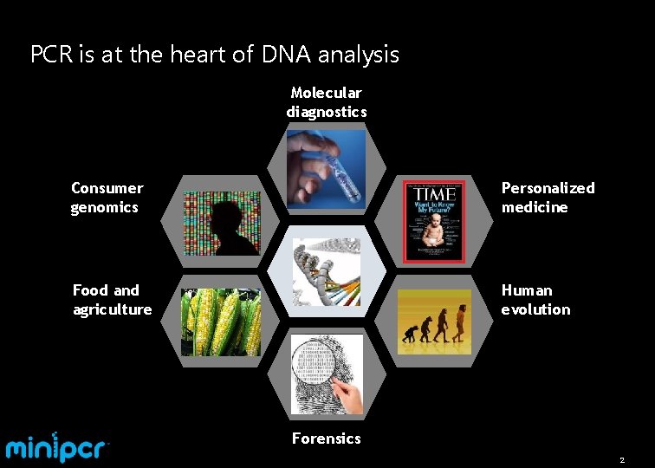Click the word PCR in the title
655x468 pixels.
(50, 55)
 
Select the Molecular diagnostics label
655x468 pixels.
(327, 102)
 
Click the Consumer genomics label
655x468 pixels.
(107, 198)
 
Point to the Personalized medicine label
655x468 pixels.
(548, 198)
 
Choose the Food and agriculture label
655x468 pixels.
(112, 300)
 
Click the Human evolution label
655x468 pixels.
(535, 300)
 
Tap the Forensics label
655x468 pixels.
(326, 439)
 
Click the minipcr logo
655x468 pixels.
(57, 447)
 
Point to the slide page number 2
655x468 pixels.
(621, 459)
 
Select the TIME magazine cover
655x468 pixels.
(434, 222)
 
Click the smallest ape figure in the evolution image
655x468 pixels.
(407, 334)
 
